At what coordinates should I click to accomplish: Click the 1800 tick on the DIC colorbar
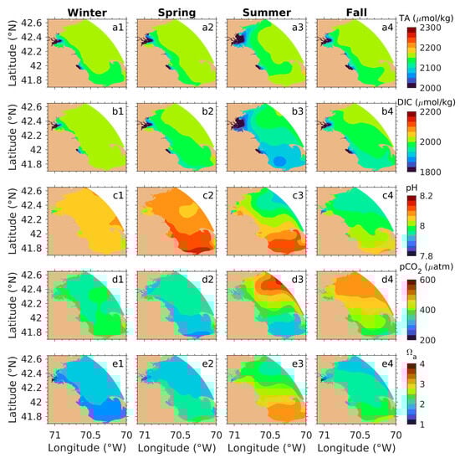click(x=432, y=172)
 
